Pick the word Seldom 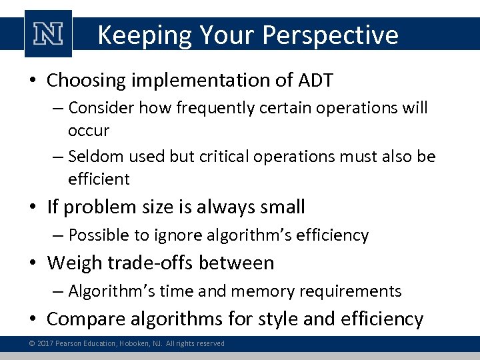[93, 157]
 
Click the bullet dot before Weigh [34, 263]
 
